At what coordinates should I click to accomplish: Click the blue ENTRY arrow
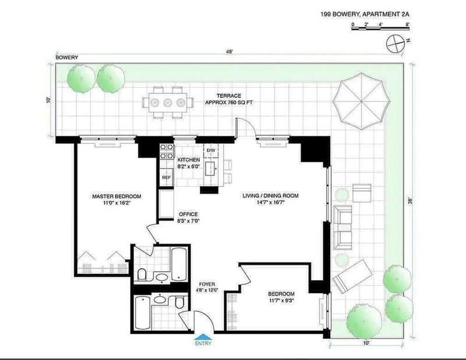pyautogui.click(x=203, y=337)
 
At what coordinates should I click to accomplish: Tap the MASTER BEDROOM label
pyautogui.click(x=116, y=199)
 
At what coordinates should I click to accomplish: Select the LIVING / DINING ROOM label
pyautogui.click(x=270, y=199)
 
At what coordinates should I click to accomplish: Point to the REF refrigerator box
pyautogui.click(x=167, y=178)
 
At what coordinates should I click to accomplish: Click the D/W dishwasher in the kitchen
pyautogui.click(x=211, y=151)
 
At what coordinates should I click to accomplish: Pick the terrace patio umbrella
pyautogui.click(x=361, y=101)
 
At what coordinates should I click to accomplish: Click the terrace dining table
pyautogui.click(x=168, y=103)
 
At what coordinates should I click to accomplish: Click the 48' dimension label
pyautogui.click(x=230, y=51)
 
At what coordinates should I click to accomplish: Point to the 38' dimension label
pyautogui.click(x=411, y=201)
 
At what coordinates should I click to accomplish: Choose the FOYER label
pyautogui.click(x=207, y=287)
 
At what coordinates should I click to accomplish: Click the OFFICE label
pyautogui.click(x=188, y=218)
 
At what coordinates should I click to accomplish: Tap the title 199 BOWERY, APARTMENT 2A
pyautogui.click(x=365, y=14)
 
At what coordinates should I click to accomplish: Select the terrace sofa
pyautogui.click(x=343, y=228)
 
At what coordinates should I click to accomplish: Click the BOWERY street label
pyautogui.click(x=67, y=57)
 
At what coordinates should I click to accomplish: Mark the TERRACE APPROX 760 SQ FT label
pyautogui.click(x=229, y=99)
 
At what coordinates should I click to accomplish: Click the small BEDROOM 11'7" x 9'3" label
pyautogui.click(x=281, y=297)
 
